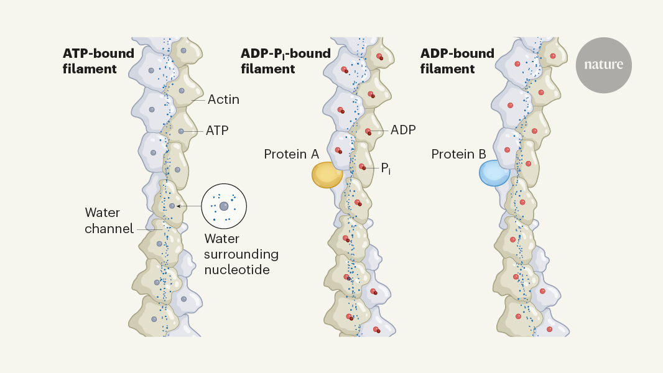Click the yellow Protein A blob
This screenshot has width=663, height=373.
[327, 175]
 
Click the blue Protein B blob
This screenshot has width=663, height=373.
[494, 173]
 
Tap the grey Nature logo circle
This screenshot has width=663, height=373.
[603, 65]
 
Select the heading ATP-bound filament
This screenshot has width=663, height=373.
[98, 61]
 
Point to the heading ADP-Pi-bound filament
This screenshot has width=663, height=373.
[285, 61]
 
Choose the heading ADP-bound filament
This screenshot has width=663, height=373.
[457, 61]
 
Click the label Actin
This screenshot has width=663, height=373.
[223, 99]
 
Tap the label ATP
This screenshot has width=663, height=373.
[218, 131]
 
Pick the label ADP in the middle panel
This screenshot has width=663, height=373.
[403, 131]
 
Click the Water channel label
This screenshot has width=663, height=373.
[109, 221]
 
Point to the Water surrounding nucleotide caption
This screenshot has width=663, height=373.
[241, 254]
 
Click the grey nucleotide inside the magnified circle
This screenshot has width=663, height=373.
[224, 206]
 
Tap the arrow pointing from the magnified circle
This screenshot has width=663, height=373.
[188, 206]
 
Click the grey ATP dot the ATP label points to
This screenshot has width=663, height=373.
[180, 131]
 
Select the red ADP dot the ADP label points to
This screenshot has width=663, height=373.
[368, 131]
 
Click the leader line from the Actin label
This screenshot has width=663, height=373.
[198, 99]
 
